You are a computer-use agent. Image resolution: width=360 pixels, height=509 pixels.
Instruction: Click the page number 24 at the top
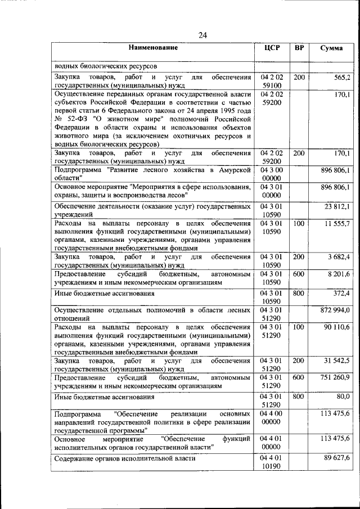pyautogui.click(x=203, y=35)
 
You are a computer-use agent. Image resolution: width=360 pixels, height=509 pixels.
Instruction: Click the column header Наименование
pyautogui.click(x=152, y=48)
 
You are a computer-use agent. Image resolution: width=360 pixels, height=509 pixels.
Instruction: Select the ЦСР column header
pyautogui.click(x=272, y=48)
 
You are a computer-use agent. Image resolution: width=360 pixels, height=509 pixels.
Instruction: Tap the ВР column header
pyautogui.click(x=299, y=48)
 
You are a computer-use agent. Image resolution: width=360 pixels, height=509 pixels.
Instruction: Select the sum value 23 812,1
pyautogui.click(x=337, y=206)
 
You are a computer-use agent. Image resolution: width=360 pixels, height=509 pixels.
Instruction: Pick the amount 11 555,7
pyautogui.click(x=337, y=224)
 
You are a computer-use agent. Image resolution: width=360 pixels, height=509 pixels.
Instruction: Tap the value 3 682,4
pyautogui.click(x=339, y=257)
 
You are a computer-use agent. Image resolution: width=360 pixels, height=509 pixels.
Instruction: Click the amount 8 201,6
pyautogui.click(x=339, y=274)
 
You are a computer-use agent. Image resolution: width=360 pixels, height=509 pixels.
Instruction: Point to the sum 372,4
pyautogui.click(x=341, y=293)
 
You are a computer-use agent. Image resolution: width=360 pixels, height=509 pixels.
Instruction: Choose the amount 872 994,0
pyautogui.click(x=335, y=310)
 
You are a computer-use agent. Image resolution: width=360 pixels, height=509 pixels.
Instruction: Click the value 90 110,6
pyautogui.click(x=337, y=327)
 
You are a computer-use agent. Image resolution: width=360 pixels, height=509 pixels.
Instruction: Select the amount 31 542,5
pyautogui.click(x=337, y=361)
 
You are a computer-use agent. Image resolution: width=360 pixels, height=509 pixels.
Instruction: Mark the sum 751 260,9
pyautogui.click(x=336, y=377)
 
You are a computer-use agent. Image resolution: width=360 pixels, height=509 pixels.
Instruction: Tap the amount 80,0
pyautogui.click(x=343, y=397)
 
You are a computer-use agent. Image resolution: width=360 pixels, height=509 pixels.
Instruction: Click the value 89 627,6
pyautogui.click(x=337, y=458)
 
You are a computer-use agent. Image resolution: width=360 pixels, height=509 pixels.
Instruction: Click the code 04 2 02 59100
pyautogui.click(x=272, y=80)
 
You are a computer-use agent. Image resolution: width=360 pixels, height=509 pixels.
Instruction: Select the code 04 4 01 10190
pyautogui.click(x=272, y=463)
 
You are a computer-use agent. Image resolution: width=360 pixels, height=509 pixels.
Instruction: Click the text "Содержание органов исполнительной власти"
pyautogui.click(x=125, y=458)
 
